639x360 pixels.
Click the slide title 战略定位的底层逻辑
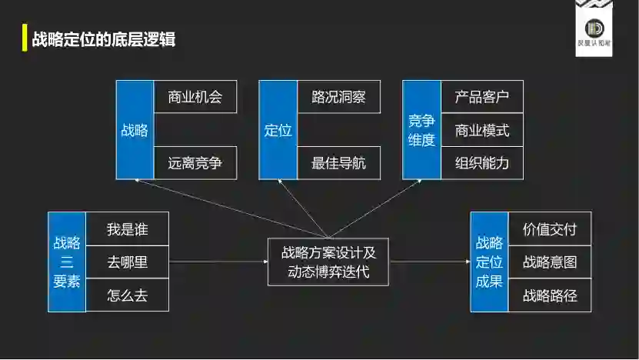click(x=104, y=39)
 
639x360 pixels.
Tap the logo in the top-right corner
click(x=594, y=28)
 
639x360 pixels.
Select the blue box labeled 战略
click(x=135, y=130)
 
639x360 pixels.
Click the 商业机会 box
click(x=195, y=97)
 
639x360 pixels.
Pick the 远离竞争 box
click(x=195, y=163)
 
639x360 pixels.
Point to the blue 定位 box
click(x=278, y=130)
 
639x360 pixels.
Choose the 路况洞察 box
click(x=338, y=97)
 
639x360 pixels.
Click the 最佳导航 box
click(x=338, y=163)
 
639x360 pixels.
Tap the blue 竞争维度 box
click(x=421, y=130)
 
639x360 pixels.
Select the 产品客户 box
click(x=482, y=97)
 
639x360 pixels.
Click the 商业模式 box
click(x=482, y=130)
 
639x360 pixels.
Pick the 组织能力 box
click(x=482, y=163)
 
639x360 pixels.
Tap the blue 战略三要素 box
click(x=66, y=262)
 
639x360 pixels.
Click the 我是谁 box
click(x=127, y=229)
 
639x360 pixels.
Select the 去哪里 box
click(x=127, y=262)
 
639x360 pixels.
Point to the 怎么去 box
click(x=127, y=295)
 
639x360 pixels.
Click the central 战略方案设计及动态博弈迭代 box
click(x=328, y=262)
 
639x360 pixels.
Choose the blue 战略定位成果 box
click(x=489, y=262)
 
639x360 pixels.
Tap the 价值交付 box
click(x=549, y=229)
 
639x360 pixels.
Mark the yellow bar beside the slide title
click(x=25, y=39)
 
